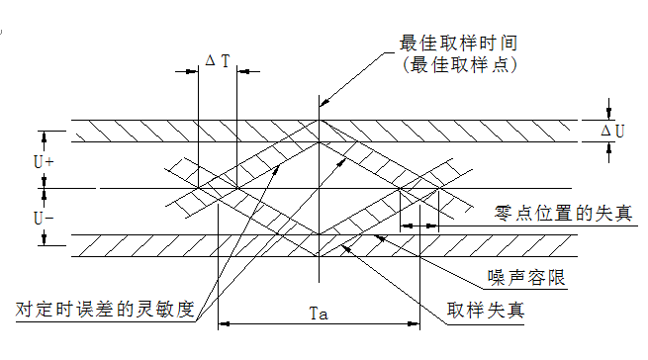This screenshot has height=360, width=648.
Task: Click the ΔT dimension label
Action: pos(218,61)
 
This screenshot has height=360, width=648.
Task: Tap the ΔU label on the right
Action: pos(613,131)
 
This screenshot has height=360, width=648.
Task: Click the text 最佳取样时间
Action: pos(458,45)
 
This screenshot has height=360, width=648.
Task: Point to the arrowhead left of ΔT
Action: pos(194,72)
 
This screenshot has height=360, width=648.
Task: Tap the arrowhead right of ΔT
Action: pos(241,72)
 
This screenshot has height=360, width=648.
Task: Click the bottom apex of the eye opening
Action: pos(319,235)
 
